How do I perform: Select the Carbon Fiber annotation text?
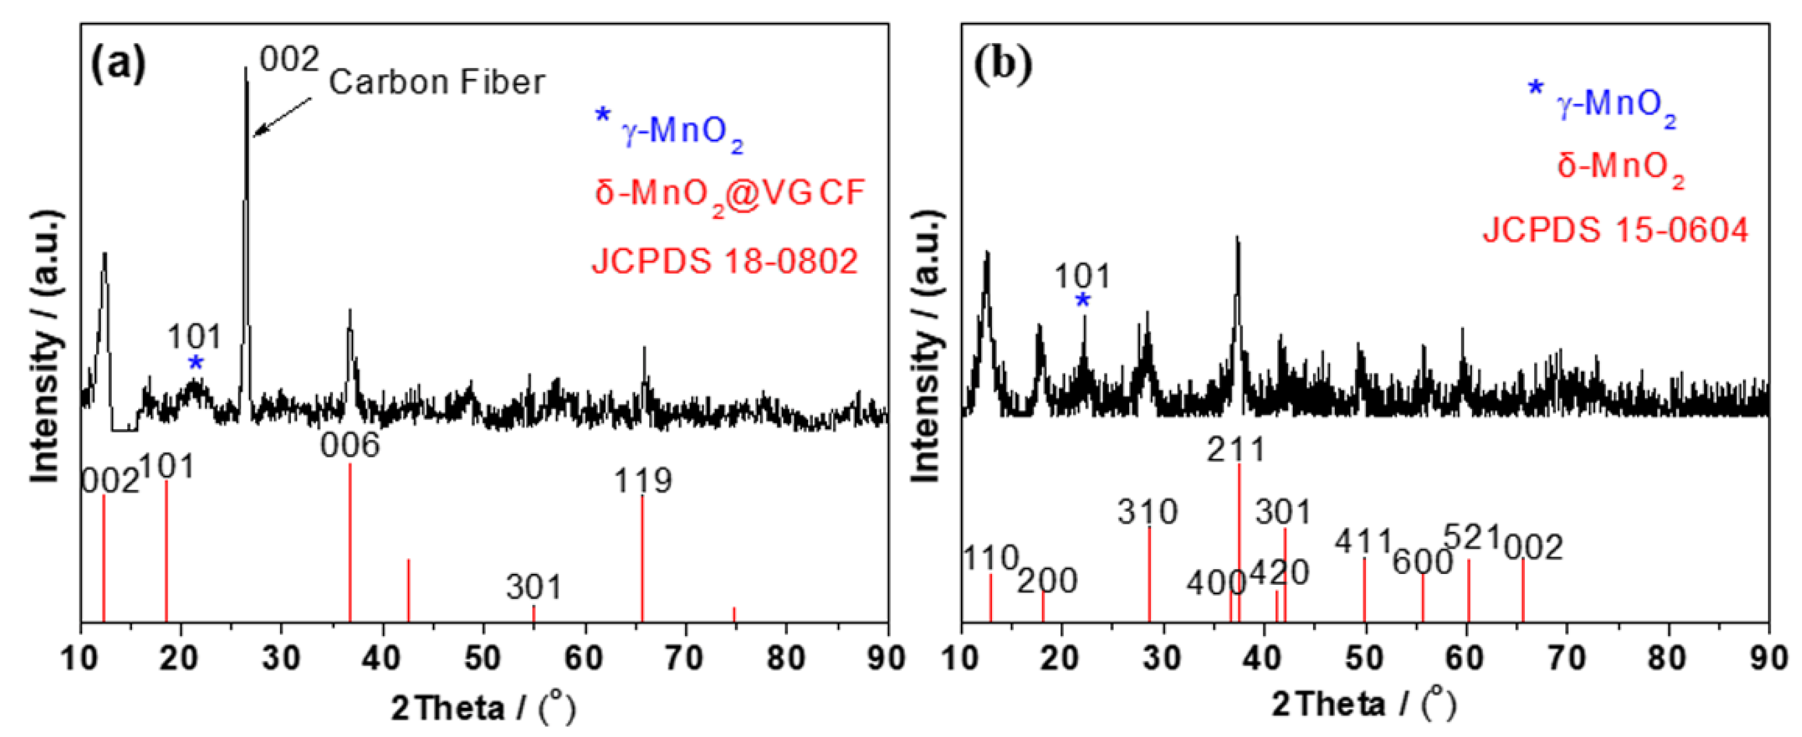(x=437, y=82)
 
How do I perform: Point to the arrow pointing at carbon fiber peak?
(x=282, y=116)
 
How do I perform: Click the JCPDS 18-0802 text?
(x=725, y=262)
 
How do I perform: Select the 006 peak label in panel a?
(x=350, y=446)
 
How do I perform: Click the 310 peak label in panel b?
(x=1147, y=512)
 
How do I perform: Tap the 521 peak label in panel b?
(x=1472, y=538)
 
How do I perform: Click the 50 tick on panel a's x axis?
(x=483, y=659)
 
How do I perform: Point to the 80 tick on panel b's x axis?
(x=1668, y=659)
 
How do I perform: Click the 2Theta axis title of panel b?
(x=1364, y=705)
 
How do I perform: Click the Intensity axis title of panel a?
(x=45, y=346)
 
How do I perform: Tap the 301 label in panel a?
(x=533, y=587)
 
